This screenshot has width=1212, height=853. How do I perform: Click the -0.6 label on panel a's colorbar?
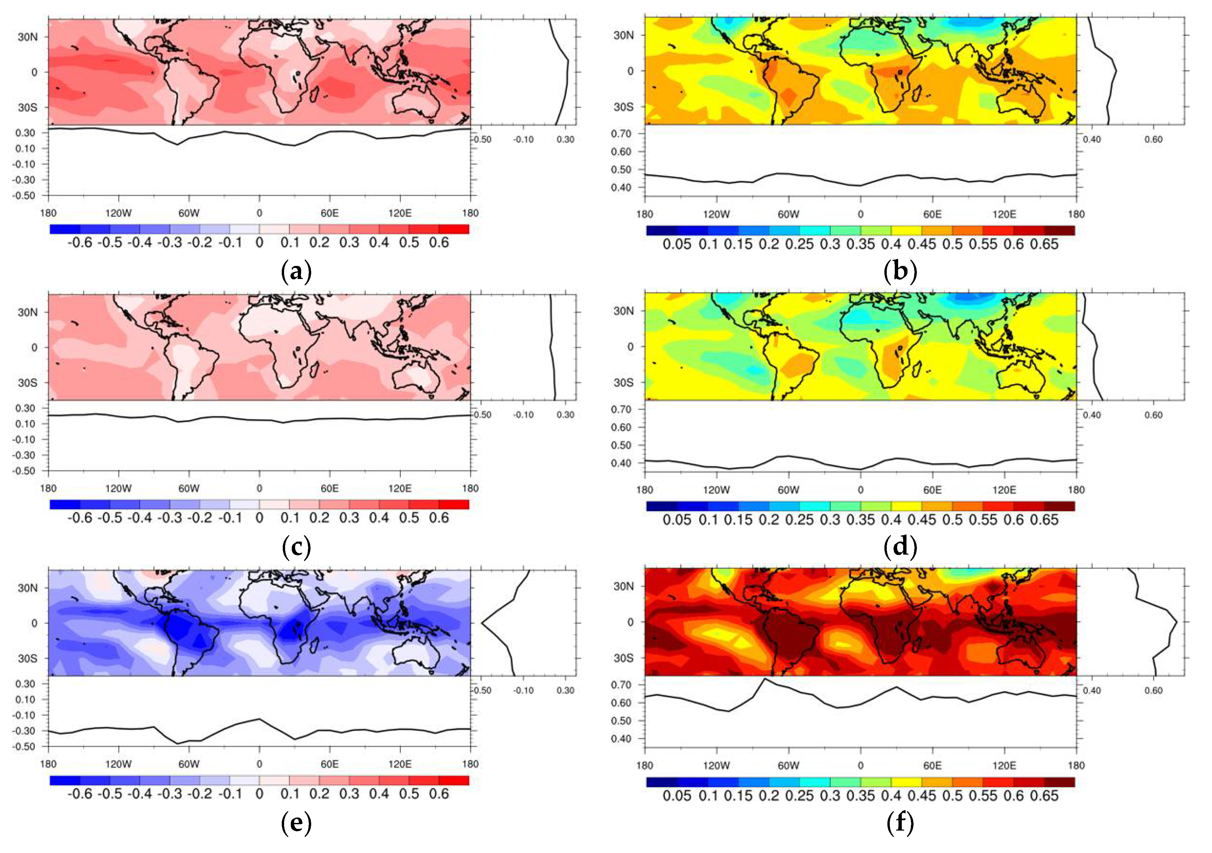pos(80,243)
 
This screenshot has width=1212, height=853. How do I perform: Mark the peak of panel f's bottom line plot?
pos(765,679)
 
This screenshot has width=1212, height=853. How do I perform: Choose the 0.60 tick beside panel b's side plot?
pos(1153,139)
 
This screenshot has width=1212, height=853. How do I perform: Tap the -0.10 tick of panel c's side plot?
pos(523,415)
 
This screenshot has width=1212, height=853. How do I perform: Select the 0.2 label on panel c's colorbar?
pos(319,518)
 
